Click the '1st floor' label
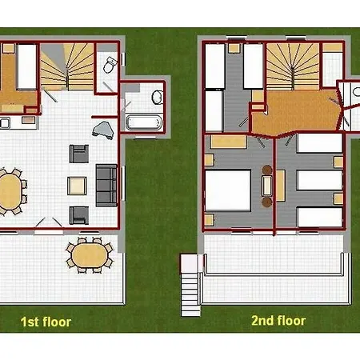click(x=46, y=322)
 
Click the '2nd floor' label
click(x=278, y=321)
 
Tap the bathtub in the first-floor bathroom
click(x=144, y=122)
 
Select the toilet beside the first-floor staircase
click(x=110, y=65)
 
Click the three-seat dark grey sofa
click(x=106, y=186)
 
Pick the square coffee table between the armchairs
click(x=77, y=186)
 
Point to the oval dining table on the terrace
click(x=90, y=255)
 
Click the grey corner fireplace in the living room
click(x=104, y=130)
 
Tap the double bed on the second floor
click(x=228, y=190)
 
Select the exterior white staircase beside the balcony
click(x=190, y=285)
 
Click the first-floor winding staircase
click(x=67, y=66)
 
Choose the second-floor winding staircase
click(x=293, y=66)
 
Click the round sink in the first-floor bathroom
click(x=158, y=97)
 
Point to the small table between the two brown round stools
click(x=267, y=186)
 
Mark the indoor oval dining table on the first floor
click(x=10, y=191)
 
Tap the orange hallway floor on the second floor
click(x=296, y=112)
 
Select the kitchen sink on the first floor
click(x=5, y=123)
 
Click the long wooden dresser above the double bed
click(x=228, y=142)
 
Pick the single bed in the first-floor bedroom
click(x=26, y=66)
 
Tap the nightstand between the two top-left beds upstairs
click(x=234, y=48)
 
